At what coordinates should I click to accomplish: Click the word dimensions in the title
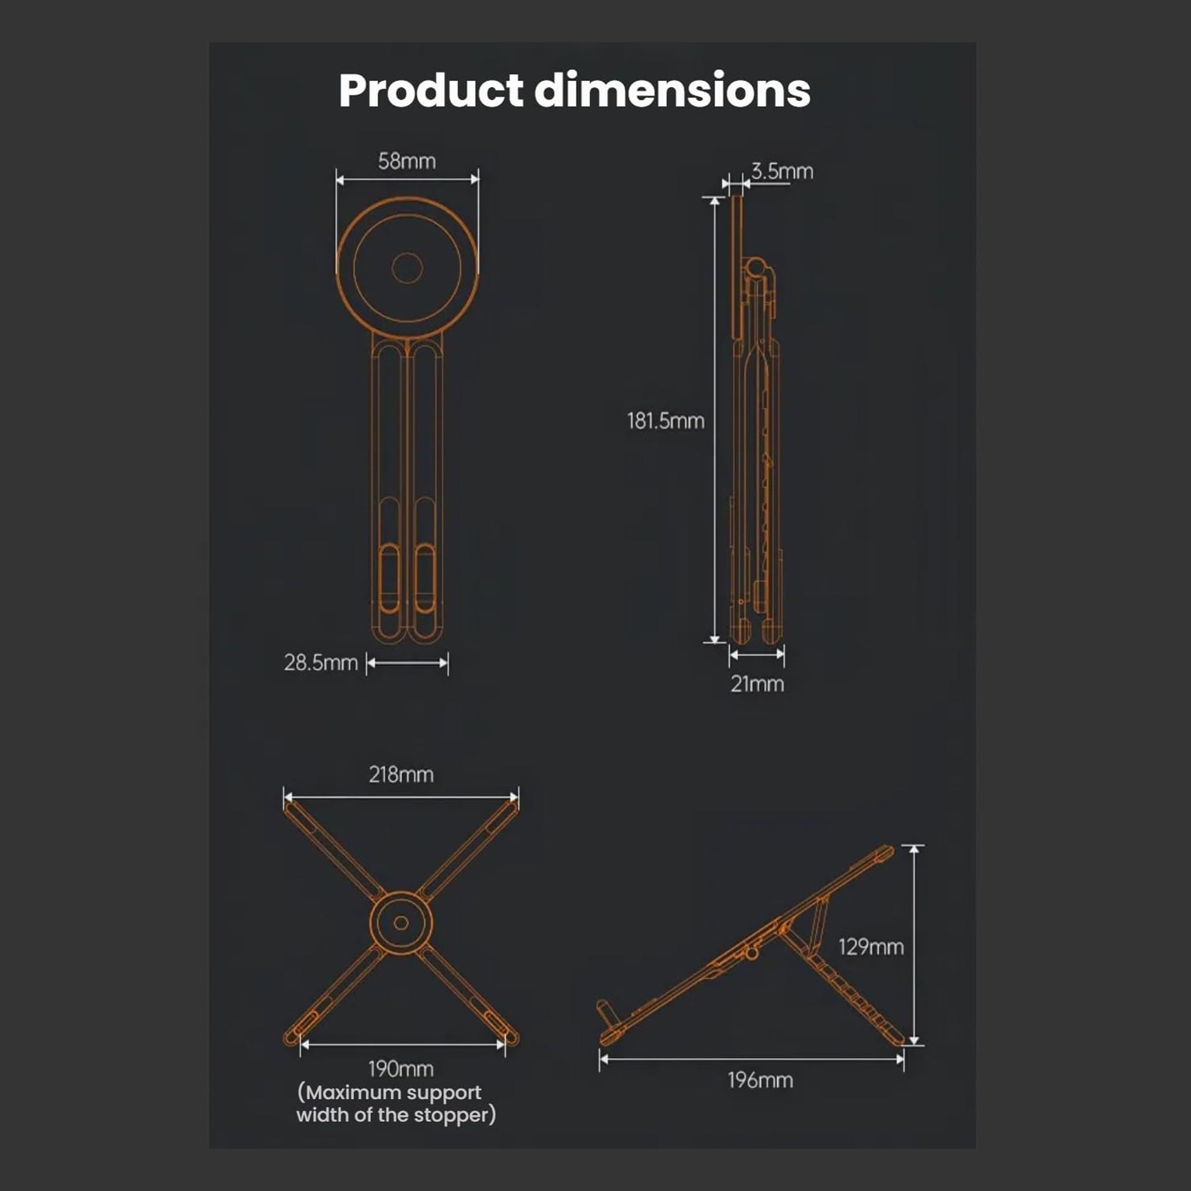click(x=673, y=90)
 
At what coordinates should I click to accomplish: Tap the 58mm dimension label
click(x=407, y=162)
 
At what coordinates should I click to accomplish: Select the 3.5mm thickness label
click(x=782, y=171)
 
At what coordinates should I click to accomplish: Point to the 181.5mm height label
click(x=666, y=421)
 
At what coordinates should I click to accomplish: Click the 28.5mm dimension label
click(x=321, y=663)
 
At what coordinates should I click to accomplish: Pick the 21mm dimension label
click(x=758, y=684)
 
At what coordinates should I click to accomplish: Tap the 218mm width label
click(x=401, y=775)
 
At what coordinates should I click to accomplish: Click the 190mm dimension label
click(x=401, y=1069)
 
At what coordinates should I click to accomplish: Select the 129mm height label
click(x=871, y=947)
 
